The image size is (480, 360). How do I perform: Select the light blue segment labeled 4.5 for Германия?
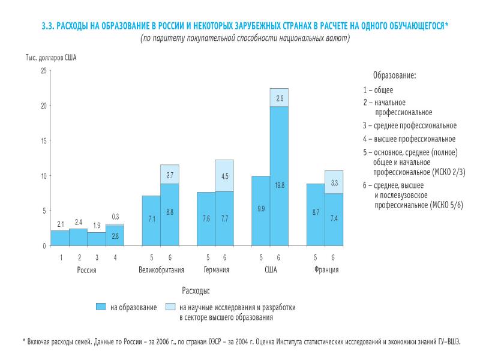point(224,176)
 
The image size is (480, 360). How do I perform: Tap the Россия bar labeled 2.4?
point(79,238)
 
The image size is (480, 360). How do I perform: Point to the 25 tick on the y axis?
point(43,71)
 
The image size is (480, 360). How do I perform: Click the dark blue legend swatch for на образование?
point(101,307)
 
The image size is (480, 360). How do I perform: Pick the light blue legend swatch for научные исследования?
point(169,307)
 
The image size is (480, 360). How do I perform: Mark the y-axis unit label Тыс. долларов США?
point(51,58)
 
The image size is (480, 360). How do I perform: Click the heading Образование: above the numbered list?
point(394,76)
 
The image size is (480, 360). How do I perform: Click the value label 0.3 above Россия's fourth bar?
point(115,217)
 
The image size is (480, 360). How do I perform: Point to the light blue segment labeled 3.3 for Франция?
point(334,182)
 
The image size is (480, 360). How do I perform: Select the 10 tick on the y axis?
point(43,176)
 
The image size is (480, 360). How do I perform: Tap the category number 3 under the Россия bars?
point(97,257)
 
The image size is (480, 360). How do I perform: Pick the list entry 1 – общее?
point(378,90)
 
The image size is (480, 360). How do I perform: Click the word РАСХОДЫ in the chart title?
point(73,26)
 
